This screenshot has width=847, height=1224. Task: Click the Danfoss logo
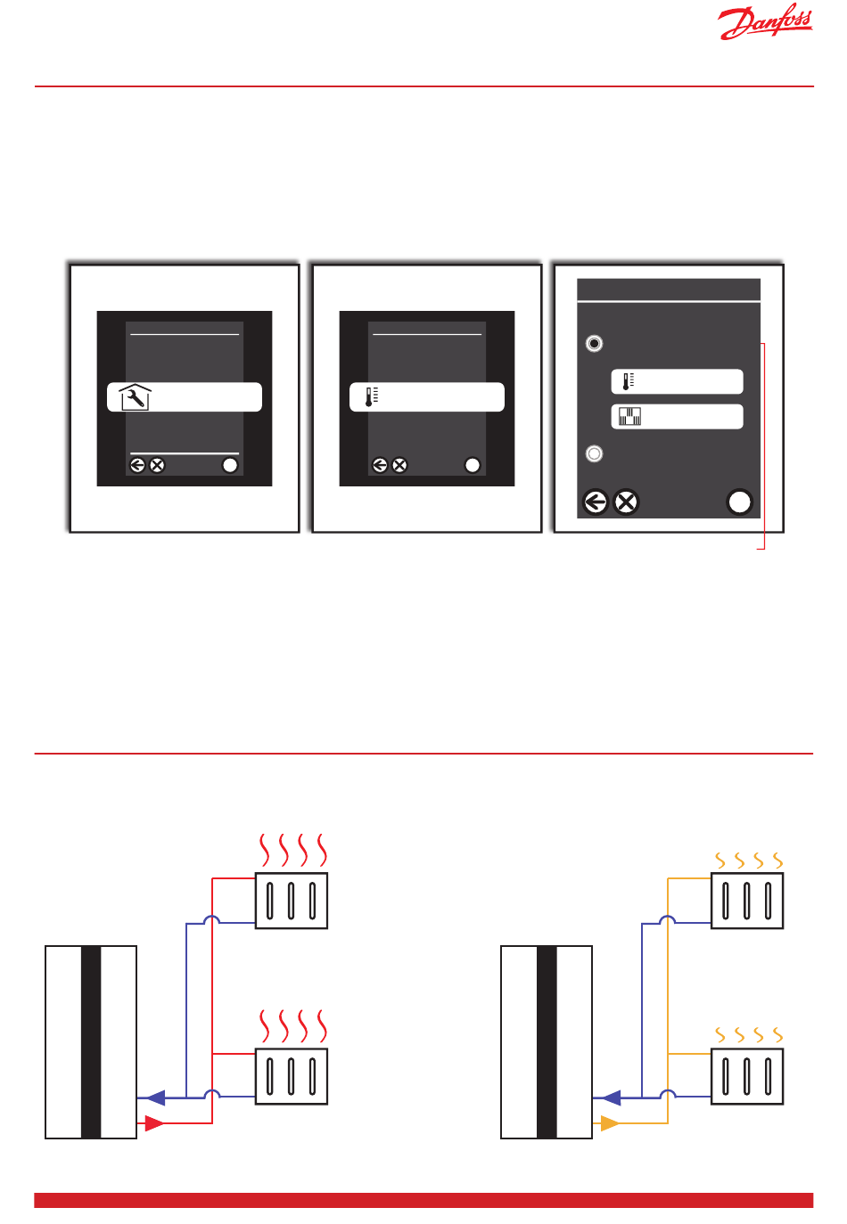(765, 23)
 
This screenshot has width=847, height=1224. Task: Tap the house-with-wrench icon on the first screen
(134, 397)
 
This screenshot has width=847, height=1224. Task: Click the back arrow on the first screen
(137, 465)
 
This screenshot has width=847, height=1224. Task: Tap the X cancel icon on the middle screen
(399, 465)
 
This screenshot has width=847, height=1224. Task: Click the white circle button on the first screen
(230, 465)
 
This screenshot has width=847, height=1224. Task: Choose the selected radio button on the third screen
(595, 343)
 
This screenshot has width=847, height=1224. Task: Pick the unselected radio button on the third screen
(595, 453)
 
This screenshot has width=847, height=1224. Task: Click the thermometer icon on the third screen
(629, 381)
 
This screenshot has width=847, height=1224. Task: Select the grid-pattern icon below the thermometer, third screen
(630, 416)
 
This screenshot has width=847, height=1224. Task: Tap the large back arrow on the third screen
(596, 502)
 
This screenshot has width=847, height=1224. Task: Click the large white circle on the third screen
(740, 502)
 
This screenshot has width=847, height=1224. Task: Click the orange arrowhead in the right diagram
(610, 1123)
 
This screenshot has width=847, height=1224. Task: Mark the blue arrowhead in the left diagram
(155, 1098)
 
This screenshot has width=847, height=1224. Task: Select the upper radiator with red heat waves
(292, 901)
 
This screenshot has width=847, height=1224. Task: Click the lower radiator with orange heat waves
(747, 1076)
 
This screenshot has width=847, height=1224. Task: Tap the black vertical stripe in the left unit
(91, 1042)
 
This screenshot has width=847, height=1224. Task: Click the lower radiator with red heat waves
(292, 1076)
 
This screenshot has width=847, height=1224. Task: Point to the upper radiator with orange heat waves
(747, 901)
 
